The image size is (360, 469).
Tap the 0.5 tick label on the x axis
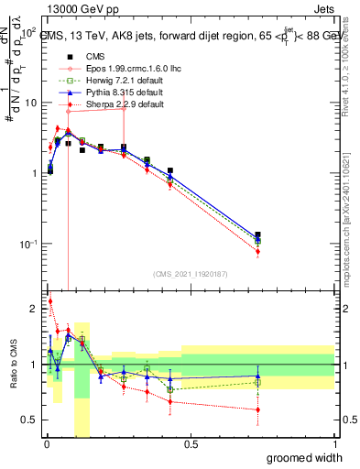190,444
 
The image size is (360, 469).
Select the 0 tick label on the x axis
45,444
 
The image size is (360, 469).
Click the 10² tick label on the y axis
28,33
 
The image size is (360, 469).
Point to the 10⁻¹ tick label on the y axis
28,244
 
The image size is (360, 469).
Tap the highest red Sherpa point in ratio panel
49,300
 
